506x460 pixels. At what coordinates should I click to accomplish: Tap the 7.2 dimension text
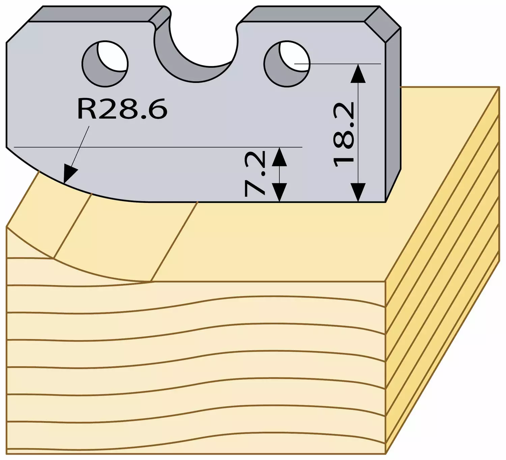[255, 174]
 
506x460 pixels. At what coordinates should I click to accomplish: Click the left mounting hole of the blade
[105, 64]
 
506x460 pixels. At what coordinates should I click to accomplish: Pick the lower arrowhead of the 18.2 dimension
[358, 192]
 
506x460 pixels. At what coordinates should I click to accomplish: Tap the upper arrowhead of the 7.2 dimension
[280, 156]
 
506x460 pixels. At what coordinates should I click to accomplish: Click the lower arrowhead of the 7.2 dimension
[280, 192]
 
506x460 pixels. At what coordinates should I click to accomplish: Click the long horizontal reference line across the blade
[158, 147]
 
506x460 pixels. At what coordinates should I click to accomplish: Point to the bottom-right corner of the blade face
[385, 202]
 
